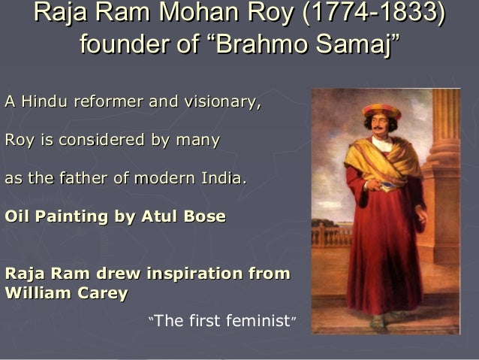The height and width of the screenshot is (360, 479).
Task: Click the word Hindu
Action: pyautogui.click(x=44, y=100)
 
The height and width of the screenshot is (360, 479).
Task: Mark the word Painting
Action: pyautogui.click(x=69, y=217)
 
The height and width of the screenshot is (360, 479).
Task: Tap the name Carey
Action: pyautogui.click(x=101, y=294)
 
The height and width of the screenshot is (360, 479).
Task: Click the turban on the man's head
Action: pyautogui.click(x=382, y=111)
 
